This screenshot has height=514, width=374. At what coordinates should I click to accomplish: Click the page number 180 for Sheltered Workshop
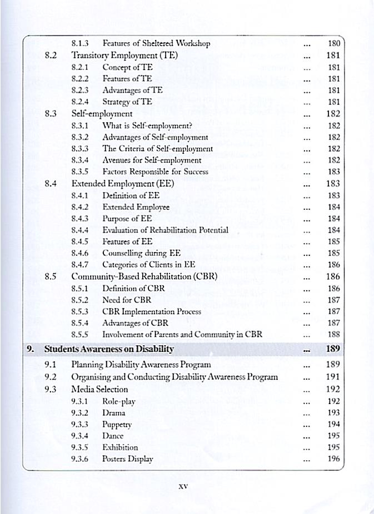(334, 43)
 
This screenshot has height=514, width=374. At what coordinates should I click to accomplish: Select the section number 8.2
(52, 56)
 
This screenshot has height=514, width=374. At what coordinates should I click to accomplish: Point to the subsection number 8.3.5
(81, 172)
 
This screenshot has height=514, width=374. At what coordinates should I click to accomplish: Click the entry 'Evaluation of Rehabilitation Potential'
(165, 230)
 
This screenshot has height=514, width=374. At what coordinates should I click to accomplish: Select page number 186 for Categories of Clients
(334, 265)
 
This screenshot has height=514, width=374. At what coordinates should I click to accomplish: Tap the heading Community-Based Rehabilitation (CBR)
(144, 276)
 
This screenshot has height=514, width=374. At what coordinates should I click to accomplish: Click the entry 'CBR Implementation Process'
(152, 311)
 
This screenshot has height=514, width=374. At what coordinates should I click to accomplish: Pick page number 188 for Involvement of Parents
(334, 335)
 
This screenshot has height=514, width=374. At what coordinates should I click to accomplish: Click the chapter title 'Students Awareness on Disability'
(109, 349)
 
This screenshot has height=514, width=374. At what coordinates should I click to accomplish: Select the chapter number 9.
(31, 349)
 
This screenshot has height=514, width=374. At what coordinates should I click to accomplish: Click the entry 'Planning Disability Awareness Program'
(141, 365)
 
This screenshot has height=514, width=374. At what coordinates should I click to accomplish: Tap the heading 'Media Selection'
(100, 389)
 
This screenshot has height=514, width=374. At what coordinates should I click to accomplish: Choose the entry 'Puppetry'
(117, 424)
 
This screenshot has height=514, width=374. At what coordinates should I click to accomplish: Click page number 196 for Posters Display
(334, 459)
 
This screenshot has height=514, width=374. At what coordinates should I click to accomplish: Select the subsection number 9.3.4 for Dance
(81, 436)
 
